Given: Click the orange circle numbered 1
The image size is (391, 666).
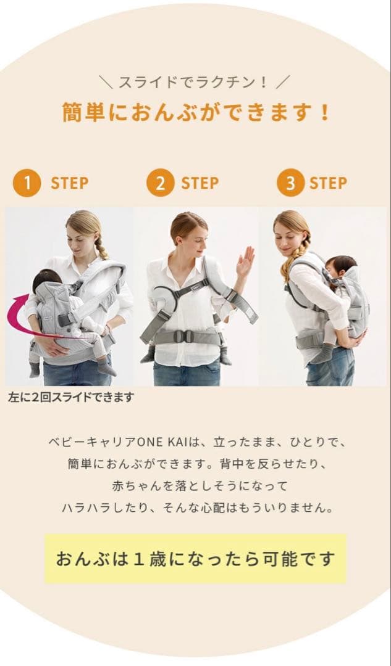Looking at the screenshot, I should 27,183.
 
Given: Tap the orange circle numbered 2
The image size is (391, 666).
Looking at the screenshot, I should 160,183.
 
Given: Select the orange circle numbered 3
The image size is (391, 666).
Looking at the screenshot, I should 290,183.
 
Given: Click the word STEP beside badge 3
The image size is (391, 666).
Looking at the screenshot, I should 327,183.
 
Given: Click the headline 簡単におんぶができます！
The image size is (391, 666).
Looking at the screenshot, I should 196,113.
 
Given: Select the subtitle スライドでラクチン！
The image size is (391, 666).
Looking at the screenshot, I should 195,82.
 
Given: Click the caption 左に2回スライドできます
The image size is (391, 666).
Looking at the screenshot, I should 70,397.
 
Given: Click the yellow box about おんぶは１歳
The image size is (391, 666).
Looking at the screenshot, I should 195,559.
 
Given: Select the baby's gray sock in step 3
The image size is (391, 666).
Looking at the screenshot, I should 322,353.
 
